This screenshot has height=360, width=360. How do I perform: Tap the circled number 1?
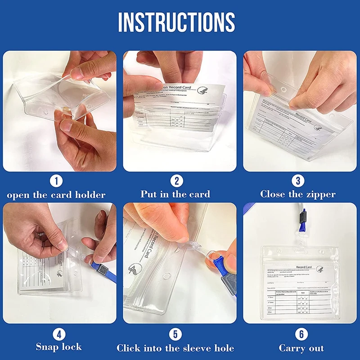pos(56,181)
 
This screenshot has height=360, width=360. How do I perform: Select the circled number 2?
pos(176,181)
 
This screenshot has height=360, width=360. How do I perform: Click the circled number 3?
pos(297,181)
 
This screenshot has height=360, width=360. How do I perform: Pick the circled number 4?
pos(59,334)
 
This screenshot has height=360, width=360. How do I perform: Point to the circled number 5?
pos(175,334)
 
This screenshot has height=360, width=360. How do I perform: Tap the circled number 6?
pos(301,334)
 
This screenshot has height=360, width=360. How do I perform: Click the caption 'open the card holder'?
pos(56,195)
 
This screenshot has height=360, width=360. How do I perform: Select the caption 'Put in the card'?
pos(175,194)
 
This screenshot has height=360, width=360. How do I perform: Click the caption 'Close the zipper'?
pos(298,194)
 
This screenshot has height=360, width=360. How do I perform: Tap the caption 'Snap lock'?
pos(59,347)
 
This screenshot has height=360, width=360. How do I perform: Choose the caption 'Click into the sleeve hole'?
pos(175,348)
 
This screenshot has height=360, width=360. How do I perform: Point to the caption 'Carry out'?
pos(301,348)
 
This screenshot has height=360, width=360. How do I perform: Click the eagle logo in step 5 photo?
pos(135,270)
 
